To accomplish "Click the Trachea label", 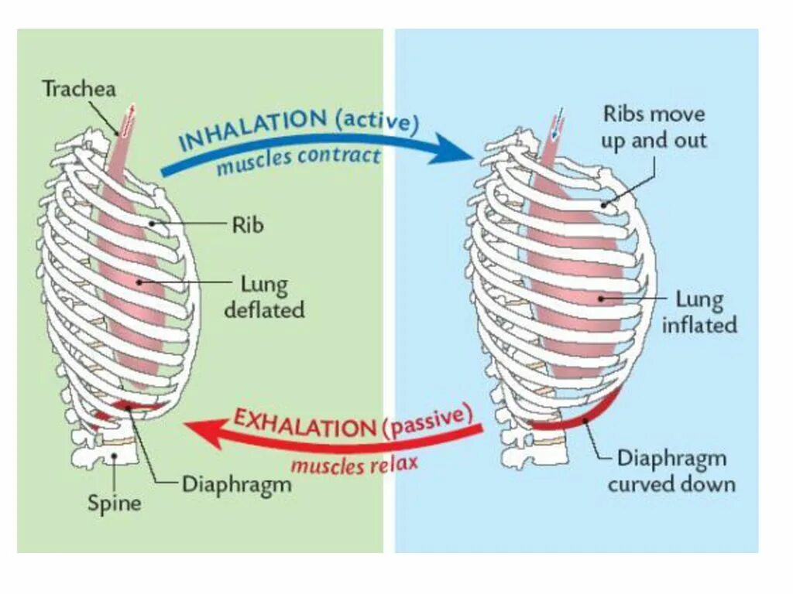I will click(79, 89).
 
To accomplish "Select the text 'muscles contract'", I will click(298, 160).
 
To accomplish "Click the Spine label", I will click(113, 504).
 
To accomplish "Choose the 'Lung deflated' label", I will click(263, 298).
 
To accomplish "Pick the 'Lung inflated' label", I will click(699, 312).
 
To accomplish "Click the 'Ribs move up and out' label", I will click(654, 128).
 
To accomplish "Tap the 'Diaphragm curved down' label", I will click(671, 471).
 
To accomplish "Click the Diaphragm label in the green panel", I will click(236, 485).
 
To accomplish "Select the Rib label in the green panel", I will click(248, 225).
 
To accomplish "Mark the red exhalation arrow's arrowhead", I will click(199, 429).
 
